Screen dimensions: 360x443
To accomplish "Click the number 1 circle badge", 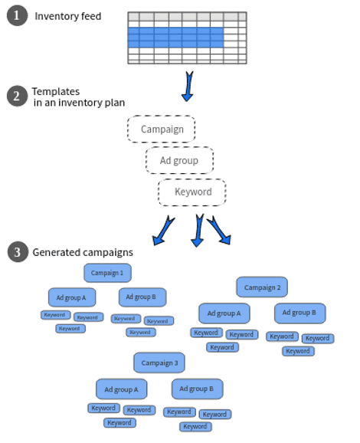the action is point(17,15).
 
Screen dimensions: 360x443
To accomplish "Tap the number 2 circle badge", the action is point(17,96).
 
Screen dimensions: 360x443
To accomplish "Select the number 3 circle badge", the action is point(18,251).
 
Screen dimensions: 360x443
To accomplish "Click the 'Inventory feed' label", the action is point(67,16).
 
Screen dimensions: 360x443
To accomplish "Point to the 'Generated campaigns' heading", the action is point(83,252).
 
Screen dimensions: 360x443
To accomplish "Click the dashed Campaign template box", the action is point(161,129).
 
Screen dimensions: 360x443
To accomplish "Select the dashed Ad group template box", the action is point(179,160).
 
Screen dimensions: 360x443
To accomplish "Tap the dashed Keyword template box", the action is point(192,192).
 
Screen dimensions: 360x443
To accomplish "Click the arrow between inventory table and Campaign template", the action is point(188,86).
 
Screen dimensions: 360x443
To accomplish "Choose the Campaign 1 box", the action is point(107,273).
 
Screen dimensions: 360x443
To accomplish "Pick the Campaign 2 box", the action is point(262,287).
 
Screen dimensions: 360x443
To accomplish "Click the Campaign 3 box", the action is point(159,363).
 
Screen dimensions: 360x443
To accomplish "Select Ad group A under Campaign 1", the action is point(72,297).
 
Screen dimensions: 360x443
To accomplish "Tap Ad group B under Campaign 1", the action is point(142,297).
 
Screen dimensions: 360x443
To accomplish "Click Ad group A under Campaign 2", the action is point(224,313).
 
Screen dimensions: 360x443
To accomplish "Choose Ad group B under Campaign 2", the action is point(299,313).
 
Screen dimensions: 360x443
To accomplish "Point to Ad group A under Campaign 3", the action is point(122,389).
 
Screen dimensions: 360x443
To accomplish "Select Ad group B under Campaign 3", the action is point(197,389).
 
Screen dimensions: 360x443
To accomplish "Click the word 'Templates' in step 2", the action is point(56,91).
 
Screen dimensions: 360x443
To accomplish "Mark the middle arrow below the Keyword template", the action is point(198,230).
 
